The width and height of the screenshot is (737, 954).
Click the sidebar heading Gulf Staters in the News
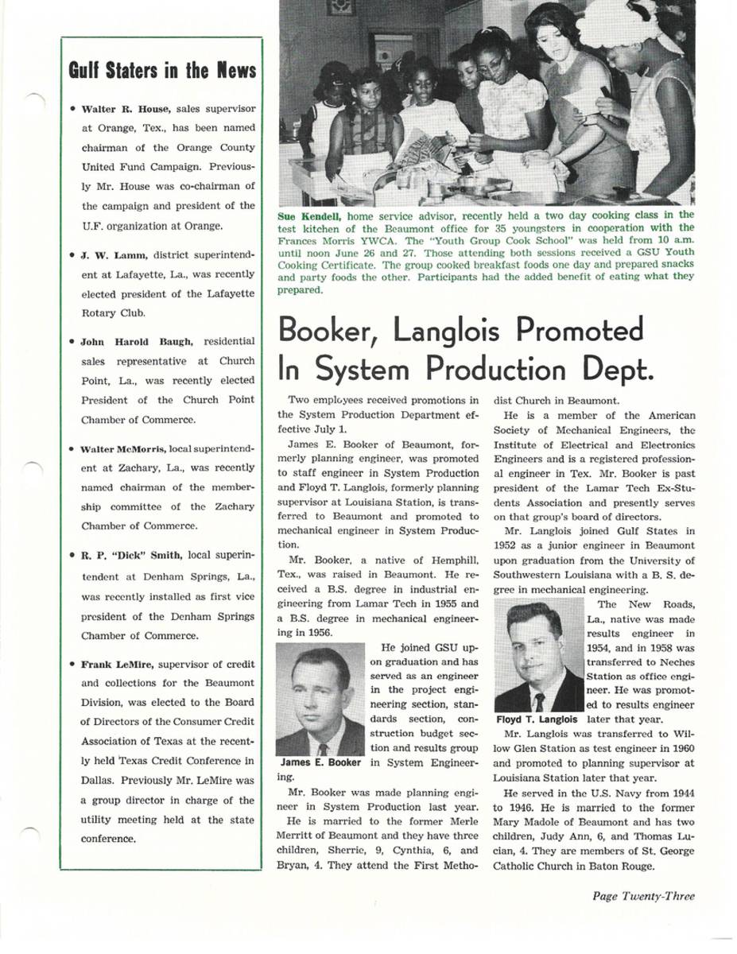coord(162,70)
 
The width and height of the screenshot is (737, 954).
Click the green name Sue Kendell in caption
coord(309,215)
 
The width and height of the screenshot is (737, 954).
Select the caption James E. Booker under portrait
coord(320,763)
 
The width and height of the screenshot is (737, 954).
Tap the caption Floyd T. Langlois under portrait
coord(537,719)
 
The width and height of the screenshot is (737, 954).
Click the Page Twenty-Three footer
coord(642,896)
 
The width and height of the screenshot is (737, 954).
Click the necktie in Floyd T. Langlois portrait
coord(539,702)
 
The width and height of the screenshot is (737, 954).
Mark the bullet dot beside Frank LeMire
coord(72,664)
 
